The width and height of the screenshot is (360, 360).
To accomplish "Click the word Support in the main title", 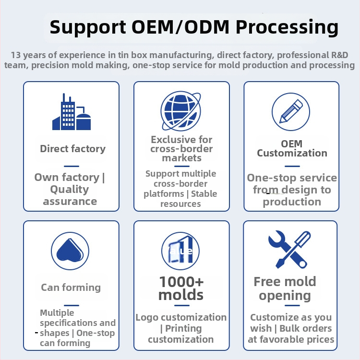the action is click(88, 27).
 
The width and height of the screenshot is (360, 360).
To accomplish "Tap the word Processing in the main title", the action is click(287, 27).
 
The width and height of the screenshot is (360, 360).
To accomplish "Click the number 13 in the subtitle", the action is click(16, 55).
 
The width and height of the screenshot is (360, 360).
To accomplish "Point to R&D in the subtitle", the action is click(339, 55).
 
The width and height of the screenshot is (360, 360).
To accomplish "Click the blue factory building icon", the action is click(72, 112).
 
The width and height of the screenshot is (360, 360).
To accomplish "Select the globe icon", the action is click(181, 111).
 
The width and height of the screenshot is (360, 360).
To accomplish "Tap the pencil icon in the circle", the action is click(291, 112).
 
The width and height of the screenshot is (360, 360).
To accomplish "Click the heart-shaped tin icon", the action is click(70, 251).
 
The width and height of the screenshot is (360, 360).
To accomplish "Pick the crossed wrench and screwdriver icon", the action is click(289, 249).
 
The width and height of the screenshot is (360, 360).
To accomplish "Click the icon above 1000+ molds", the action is click(180, 251).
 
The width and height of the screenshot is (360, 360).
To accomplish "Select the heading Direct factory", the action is click(73, 149).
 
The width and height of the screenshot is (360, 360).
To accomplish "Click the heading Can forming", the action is click(71, 288).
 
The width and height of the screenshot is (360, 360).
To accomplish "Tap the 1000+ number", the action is click(181, 282).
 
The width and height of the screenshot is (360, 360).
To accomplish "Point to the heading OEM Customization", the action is click(292, 148).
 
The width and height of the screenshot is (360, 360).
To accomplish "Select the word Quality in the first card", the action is click(69, 190).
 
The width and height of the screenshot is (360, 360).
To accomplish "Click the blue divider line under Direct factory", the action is click(72, 166).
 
